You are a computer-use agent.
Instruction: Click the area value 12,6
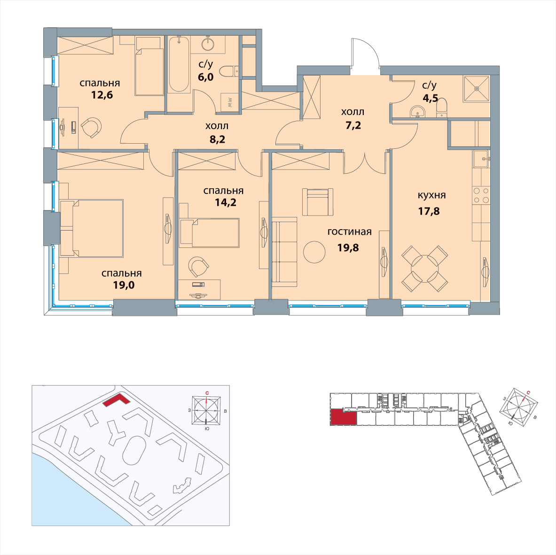[102, 95]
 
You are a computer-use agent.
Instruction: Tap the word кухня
[431, 195]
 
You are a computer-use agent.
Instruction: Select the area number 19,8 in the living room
[348, 247]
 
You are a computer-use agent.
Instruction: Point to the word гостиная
[349, 231]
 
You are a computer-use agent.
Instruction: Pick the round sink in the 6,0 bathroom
[208, 44]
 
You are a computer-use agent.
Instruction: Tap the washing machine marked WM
[229, 102]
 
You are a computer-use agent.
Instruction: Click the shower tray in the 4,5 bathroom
[476, 89]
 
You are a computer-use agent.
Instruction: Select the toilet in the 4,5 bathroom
[442, 108]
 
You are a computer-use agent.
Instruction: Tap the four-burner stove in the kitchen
[481, 195]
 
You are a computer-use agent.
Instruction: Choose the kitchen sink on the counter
[481, 159]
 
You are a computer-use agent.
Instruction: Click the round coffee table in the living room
[314, 252]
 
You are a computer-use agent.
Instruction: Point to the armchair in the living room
[318, 202]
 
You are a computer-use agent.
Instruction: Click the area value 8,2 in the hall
[217, 139]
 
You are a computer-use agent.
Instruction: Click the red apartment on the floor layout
[343, 417]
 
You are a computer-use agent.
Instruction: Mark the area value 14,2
[226, 202]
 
